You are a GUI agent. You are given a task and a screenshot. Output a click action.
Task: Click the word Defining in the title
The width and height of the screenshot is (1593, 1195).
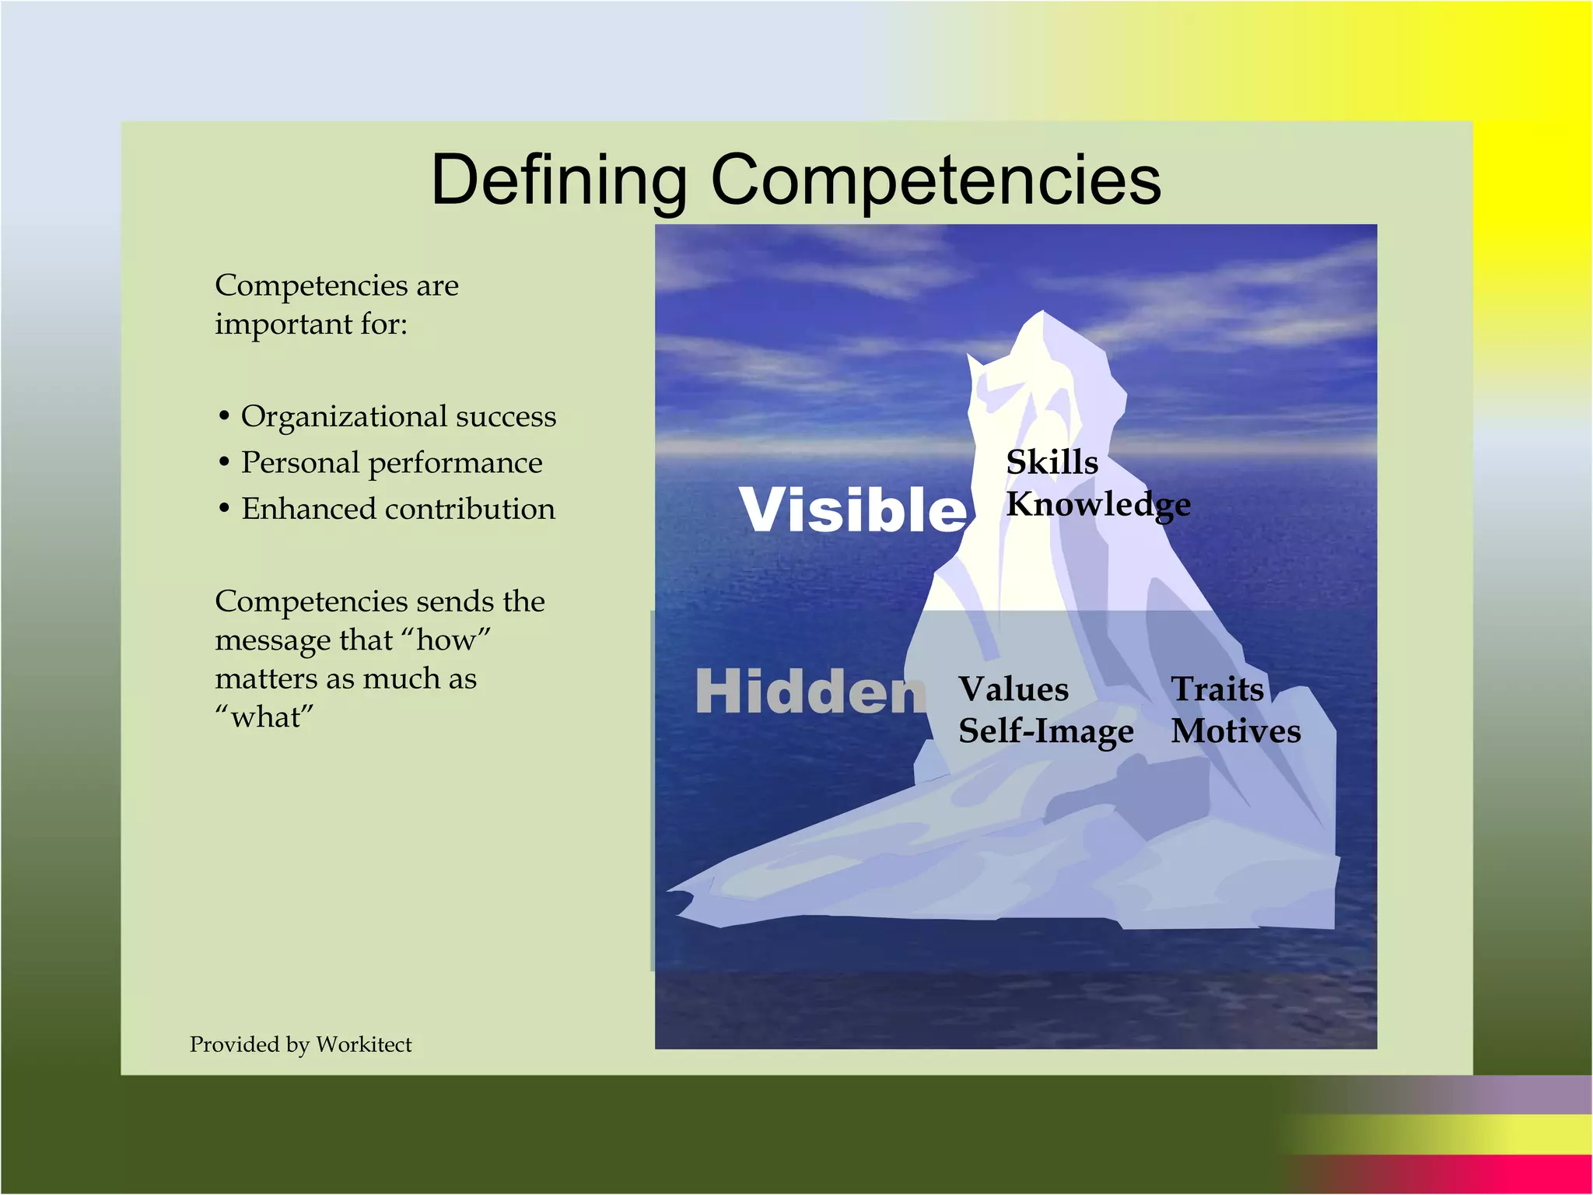click(x=558, y=180)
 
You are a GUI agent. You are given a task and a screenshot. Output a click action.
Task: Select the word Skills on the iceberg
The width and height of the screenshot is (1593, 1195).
click(x=1052, y=463)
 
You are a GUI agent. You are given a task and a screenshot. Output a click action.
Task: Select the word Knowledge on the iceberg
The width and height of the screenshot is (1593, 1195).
click(x=1098, y=505)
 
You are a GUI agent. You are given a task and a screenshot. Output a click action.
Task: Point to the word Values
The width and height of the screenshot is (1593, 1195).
click(x=1013, y=689)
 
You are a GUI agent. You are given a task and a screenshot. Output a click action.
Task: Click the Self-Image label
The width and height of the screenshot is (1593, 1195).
click(x=1045, y=731)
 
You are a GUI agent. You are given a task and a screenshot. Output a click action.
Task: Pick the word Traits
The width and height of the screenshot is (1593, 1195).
click(x=1217, y=689)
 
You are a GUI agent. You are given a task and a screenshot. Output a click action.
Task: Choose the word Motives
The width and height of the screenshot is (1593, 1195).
click(x=1235, y=731)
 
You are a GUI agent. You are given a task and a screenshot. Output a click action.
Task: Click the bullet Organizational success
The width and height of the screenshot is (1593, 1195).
click(x=398, y=417)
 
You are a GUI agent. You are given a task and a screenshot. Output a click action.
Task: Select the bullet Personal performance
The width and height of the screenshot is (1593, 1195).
click(x=391, y=463)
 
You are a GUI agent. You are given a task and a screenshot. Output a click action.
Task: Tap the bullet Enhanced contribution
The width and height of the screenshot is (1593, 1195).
click(x=398, y=510)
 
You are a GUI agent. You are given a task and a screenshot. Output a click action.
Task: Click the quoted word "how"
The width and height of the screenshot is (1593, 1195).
click(x=446, y=640)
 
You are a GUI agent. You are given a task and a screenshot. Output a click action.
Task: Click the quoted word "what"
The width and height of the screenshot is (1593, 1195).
click(x=264, y=717)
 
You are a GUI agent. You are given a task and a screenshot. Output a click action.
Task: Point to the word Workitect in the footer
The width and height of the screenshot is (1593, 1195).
click(x=363, y=1044)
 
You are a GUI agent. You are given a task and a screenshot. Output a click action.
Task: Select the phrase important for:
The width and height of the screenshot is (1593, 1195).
click(x=311, y=324)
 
